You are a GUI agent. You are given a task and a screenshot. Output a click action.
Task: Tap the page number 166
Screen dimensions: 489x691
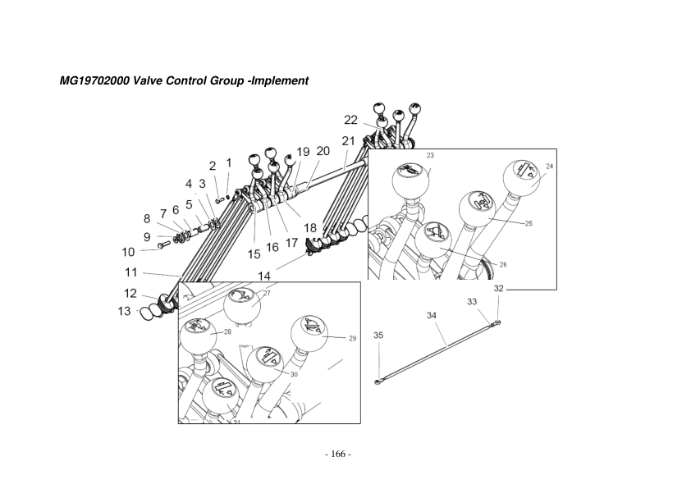point(338,455)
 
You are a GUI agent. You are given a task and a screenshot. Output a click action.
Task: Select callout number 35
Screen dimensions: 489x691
point(378,336)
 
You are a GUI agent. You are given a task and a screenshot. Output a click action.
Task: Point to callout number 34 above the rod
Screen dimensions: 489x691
point(432,315)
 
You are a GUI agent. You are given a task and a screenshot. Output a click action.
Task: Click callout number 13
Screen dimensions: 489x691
point(124,311)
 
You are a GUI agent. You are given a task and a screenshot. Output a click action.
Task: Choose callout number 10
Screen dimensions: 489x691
point(128,252)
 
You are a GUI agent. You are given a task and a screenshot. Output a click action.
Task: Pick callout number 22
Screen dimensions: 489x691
point(350,120)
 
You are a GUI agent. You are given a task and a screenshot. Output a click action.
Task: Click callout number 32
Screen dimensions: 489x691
point(499,289)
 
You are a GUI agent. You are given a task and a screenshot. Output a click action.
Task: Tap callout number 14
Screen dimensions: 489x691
point(265,276)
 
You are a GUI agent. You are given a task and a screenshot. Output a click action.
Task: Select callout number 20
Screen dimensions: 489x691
point(323,151)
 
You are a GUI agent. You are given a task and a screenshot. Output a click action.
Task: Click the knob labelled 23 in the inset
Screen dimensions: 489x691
point(410,179)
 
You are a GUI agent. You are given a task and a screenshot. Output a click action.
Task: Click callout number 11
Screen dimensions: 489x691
point(130,272)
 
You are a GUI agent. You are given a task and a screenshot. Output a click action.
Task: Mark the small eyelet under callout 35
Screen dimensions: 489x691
point(378,380)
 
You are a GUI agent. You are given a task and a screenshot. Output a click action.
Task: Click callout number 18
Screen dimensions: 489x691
point(309,227)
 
